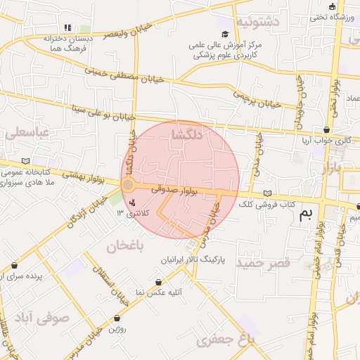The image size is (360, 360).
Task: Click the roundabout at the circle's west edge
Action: pos(128,185)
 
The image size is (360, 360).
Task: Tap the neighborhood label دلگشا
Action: pos(186,137)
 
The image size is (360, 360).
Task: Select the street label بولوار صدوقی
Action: pos(191,190)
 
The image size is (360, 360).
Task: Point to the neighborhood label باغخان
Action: pos(125,246)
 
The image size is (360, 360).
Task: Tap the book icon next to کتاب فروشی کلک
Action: pos(266,193)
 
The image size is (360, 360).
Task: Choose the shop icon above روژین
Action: pos(117,318)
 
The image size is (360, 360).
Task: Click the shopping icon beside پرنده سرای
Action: pos(15,266)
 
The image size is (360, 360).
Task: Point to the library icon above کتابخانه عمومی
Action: pos(27,161)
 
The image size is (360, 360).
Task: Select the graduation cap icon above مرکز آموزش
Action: pos(224,34)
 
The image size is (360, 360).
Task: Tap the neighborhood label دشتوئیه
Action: pos(257,22)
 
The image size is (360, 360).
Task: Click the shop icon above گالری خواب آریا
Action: pos(327,130)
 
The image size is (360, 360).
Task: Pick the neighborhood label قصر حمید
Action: pos(263,263)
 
